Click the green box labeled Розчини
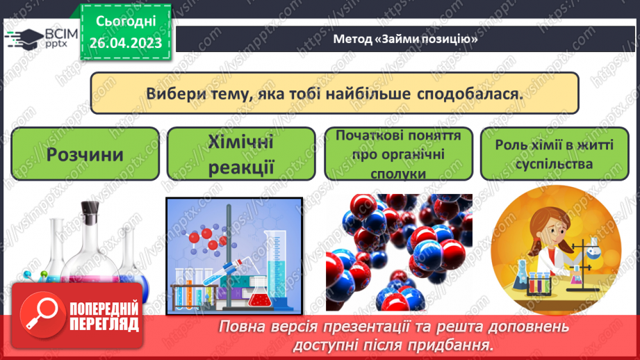click(85, 154)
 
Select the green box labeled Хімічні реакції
click(241, 154)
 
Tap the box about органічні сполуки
click(398, 154)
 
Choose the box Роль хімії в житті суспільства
click(554, 154)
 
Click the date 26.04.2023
click(126, 43)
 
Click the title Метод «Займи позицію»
click(405, 39)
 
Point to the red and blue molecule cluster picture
click(398, 254)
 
